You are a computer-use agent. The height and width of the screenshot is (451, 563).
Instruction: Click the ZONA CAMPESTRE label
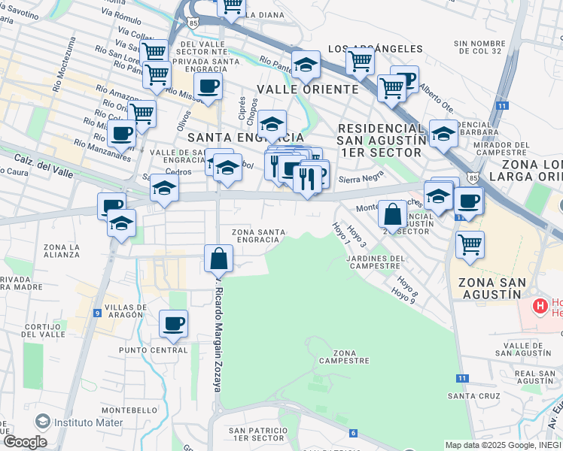tap(345, 356)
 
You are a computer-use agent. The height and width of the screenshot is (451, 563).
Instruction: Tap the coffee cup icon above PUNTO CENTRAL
tap(174, 323)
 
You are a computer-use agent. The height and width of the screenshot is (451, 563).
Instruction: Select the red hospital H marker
tap(539, 306)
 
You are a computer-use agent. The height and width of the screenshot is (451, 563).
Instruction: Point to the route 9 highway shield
tap(98, 313)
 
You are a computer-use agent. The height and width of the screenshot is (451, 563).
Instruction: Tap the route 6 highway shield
tap(353, 433)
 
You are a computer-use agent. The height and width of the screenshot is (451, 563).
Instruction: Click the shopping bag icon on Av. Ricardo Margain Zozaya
tap(218, 259)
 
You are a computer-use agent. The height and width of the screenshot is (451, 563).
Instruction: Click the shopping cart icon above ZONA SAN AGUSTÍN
tap(470, 243)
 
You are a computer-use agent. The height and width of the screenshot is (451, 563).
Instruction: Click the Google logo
tap(25, 442)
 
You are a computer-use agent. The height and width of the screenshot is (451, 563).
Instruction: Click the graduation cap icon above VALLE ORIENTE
tap(306, 66)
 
